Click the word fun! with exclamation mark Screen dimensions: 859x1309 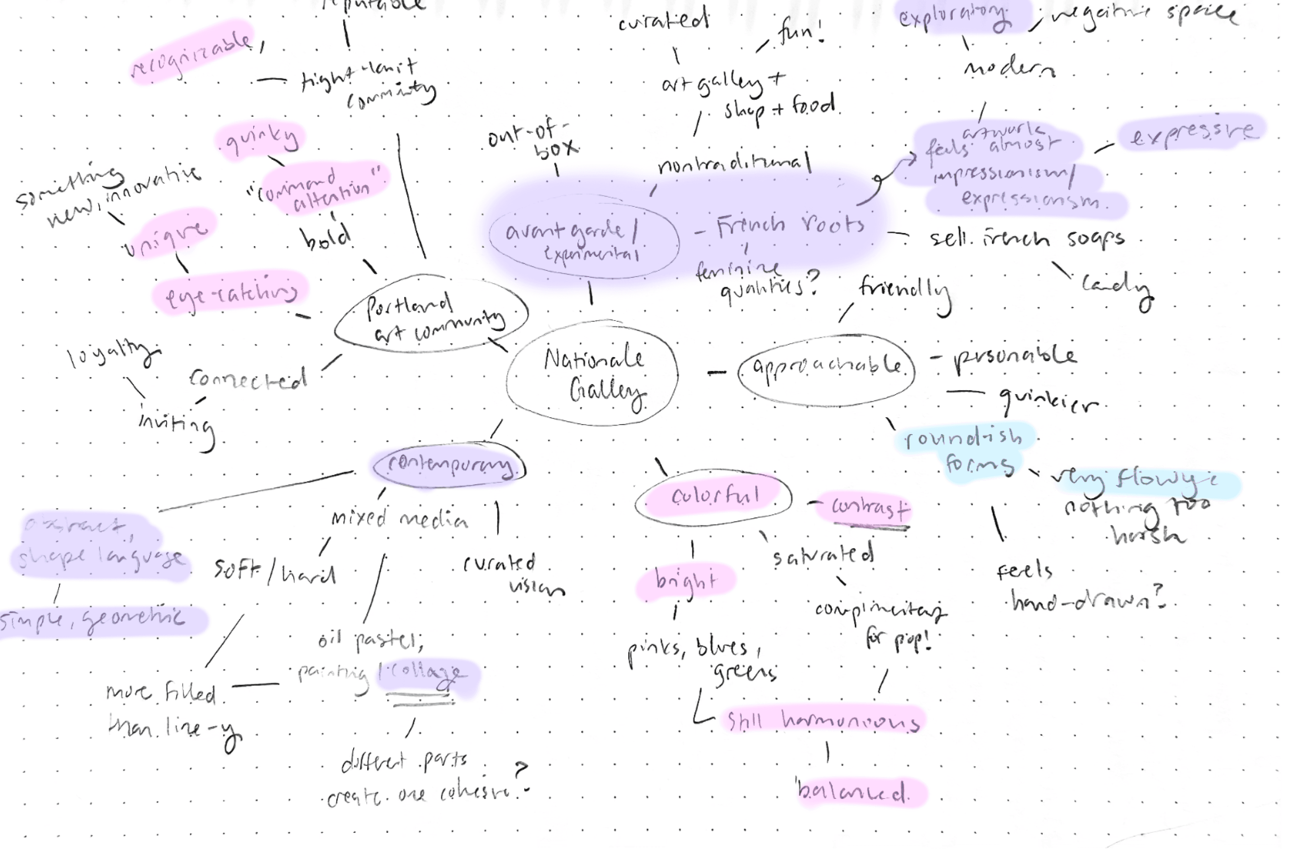click(x=800, y=33)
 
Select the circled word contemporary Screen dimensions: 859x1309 click(x=450, y=466)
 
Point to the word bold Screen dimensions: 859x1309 click(x=325, y=238)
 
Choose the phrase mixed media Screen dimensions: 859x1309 click(x=399, y=519)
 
